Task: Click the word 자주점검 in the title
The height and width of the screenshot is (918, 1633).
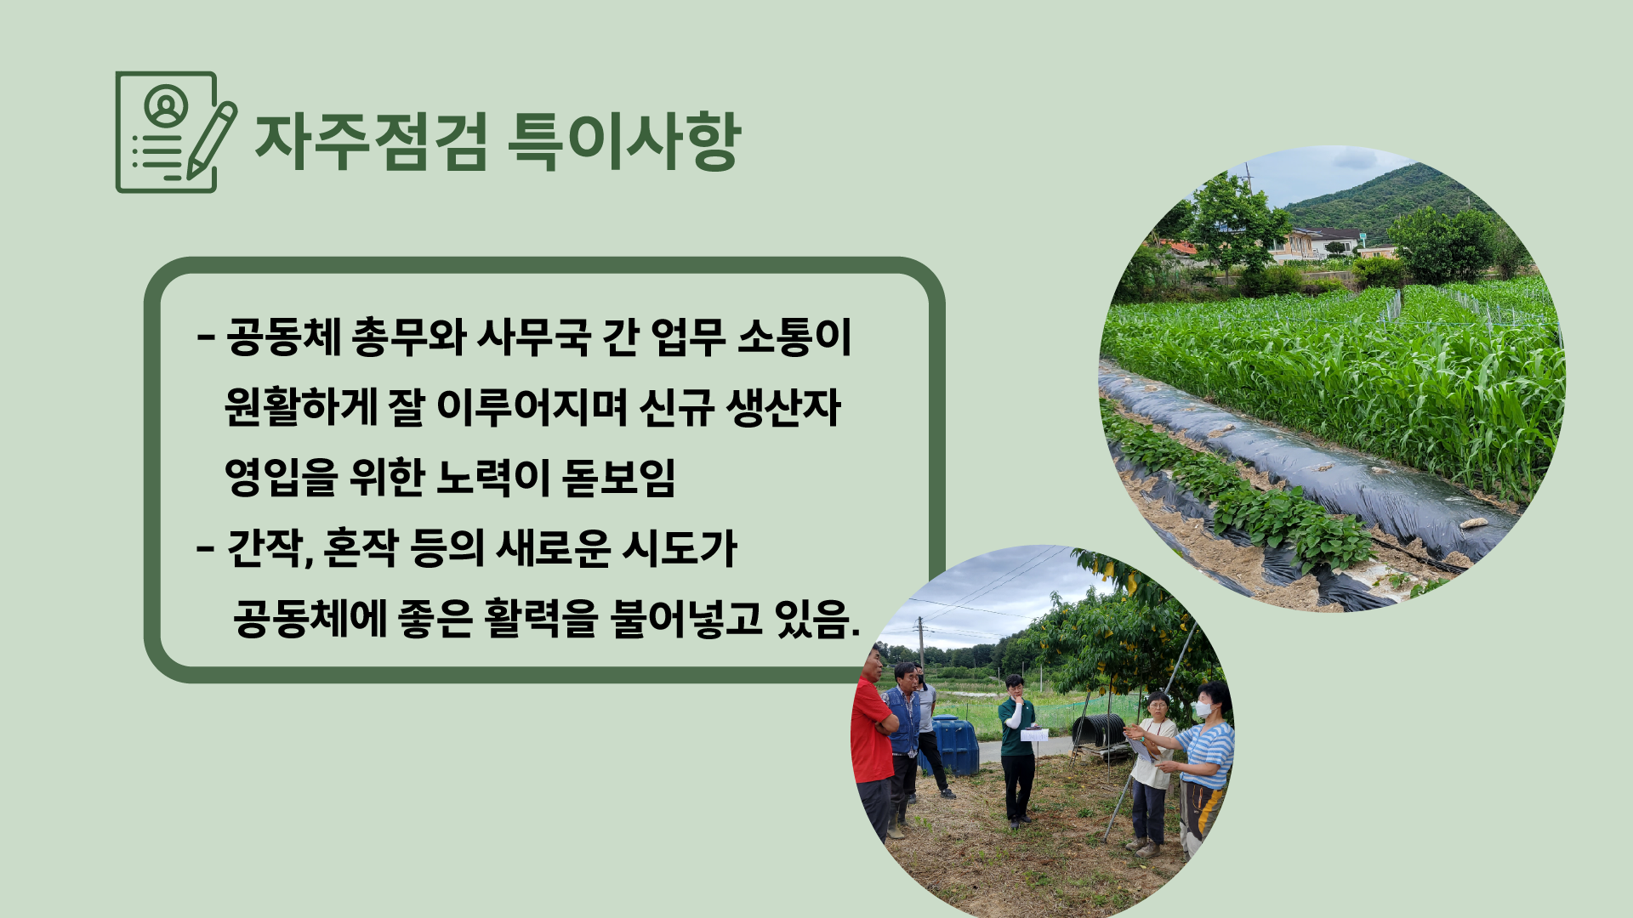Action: click(372, 141)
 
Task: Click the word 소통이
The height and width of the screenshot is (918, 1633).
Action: click(794, 337)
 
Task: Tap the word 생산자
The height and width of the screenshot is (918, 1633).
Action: click(783, 407)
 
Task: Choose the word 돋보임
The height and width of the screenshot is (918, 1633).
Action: click(619, 477)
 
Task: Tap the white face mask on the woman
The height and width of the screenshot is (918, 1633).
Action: click(1203, 708)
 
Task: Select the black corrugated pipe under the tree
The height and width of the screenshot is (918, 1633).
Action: click(1099, 731)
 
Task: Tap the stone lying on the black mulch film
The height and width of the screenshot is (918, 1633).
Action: click(1474, 523)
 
